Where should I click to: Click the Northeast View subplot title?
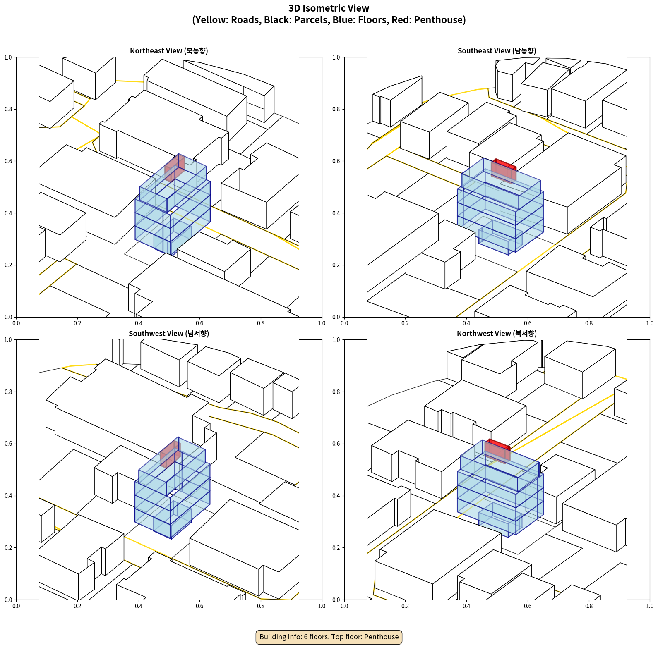tap(169, 51)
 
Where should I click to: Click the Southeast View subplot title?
tap(497, 51)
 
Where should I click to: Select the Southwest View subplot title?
tap(169, 334)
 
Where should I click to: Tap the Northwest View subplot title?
tap(497, 334)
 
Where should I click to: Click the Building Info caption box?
tap(329, 637)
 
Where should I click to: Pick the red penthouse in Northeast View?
tap(175, 167)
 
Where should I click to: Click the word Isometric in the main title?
tap(327, 8)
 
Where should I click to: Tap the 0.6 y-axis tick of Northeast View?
tap(8, 161)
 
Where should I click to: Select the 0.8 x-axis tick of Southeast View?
tap(589, 323)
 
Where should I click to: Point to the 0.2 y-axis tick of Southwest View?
tap(8, 548)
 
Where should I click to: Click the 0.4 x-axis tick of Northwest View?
tap(466, 606)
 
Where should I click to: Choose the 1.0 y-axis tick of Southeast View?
tap(336, 57)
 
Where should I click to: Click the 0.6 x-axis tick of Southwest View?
tap(199, 606)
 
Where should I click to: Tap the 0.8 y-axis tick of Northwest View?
tap(336, 392)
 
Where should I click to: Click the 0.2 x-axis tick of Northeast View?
tap(77, 323)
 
